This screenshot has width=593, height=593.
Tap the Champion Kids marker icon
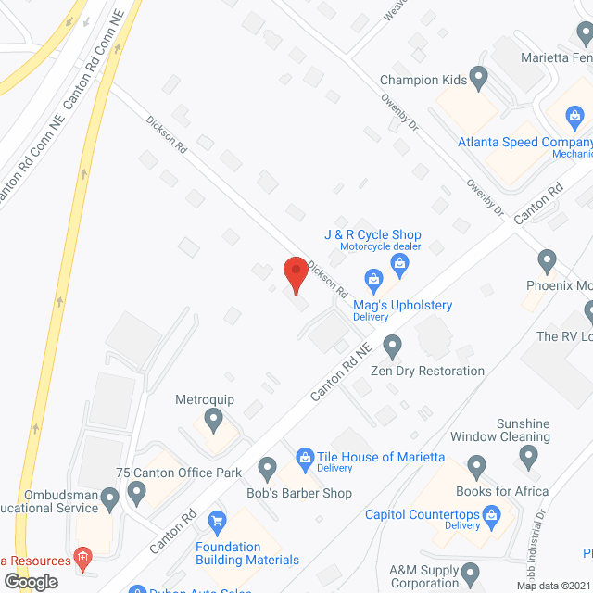[x=478, y=77]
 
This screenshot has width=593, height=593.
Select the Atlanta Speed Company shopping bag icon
[x=574, y=117]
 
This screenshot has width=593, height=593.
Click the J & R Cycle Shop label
[x=372, y=235]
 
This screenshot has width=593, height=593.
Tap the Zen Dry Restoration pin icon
[x=392, y=347]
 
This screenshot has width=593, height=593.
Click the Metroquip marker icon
[x=214, y=423]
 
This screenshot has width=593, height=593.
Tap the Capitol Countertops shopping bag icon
[x=492, y=513]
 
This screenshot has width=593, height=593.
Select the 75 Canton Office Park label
[x=179, y=473]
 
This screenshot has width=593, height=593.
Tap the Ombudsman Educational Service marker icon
[x=110, y=501]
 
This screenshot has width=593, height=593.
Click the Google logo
[x=32, y=581]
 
